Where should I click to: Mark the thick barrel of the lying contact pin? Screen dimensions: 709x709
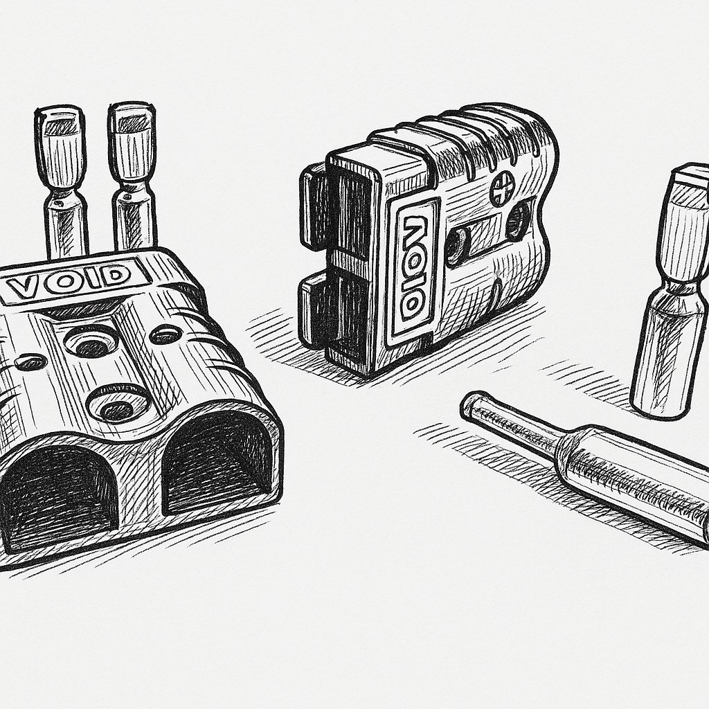point(633,478)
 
